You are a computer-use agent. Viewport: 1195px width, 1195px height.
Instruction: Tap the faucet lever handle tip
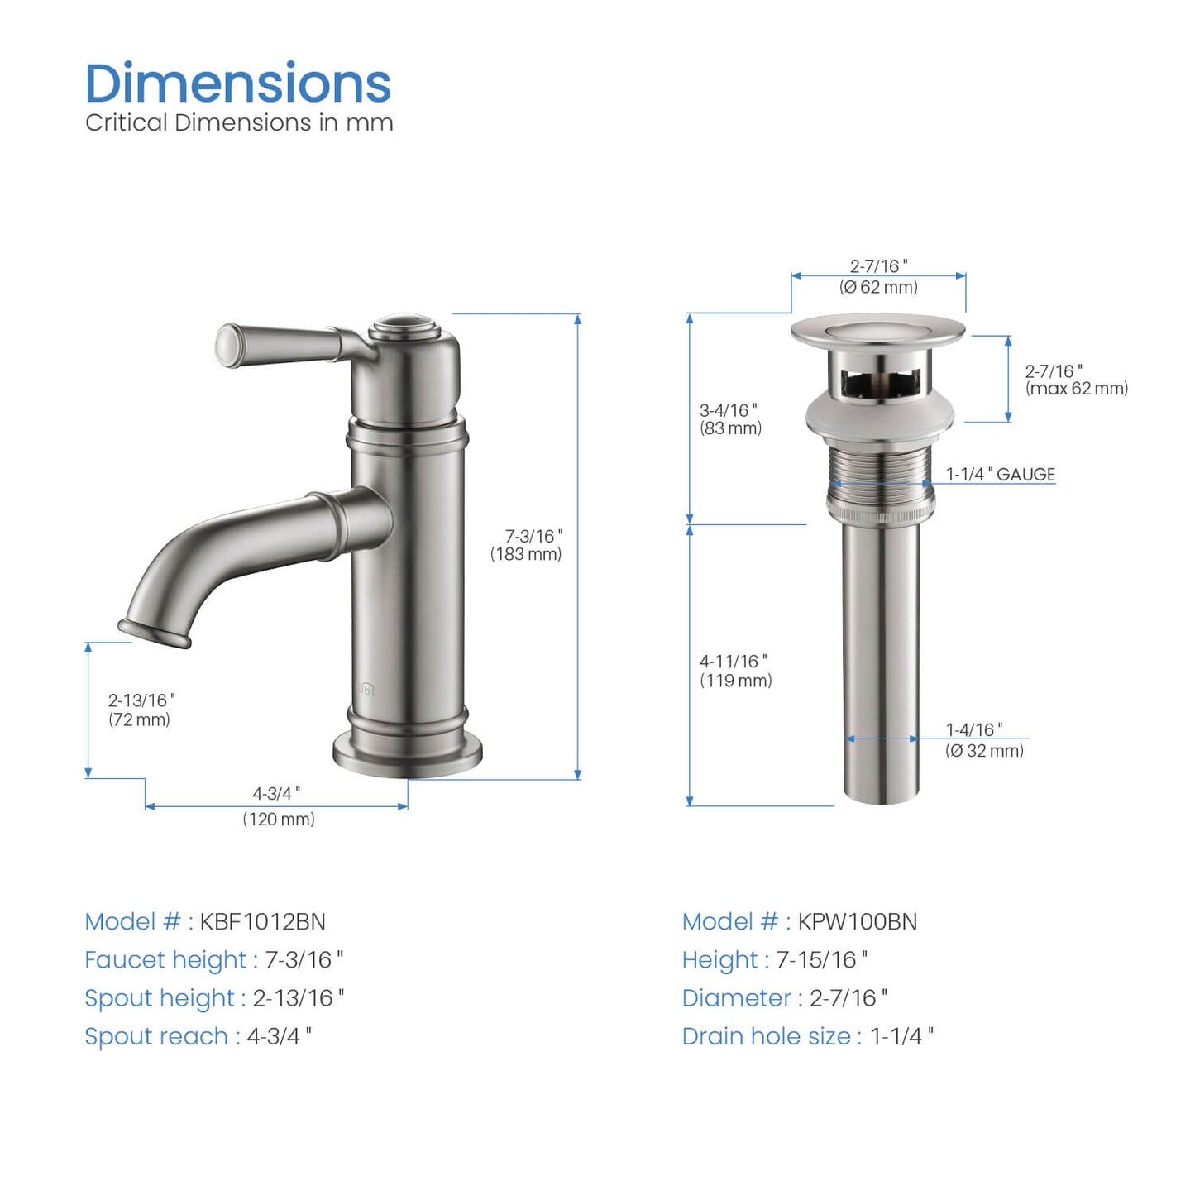[227, 345]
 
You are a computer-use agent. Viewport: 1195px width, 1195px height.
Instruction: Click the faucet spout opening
[154, 633]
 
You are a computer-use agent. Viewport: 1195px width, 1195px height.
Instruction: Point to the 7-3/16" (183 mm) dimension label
[527, 545]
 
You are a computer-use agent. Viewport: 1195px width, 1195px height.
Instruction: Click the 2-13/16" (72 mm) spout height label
[141, 710]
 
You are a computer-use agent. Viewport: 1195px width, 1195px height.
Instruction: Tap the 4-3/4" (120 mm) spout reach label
[278, 806]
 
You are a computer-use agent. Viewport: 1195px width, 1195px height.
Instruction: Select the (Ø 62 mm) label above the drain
[878, 287]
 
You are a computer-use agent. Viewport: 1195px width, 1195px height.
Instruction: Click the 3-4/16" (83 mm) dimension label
[730, 419]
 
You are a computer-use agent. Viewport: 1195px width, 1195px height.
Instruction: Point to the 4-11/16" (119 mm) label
[735, 671]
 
